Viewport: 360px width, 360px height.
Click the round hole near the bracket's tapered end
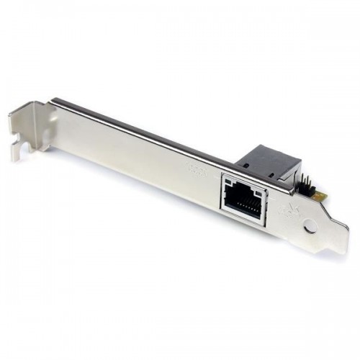pos(310,225)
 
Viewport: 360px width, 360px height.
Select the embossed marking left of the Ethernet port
pos(197,170)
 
